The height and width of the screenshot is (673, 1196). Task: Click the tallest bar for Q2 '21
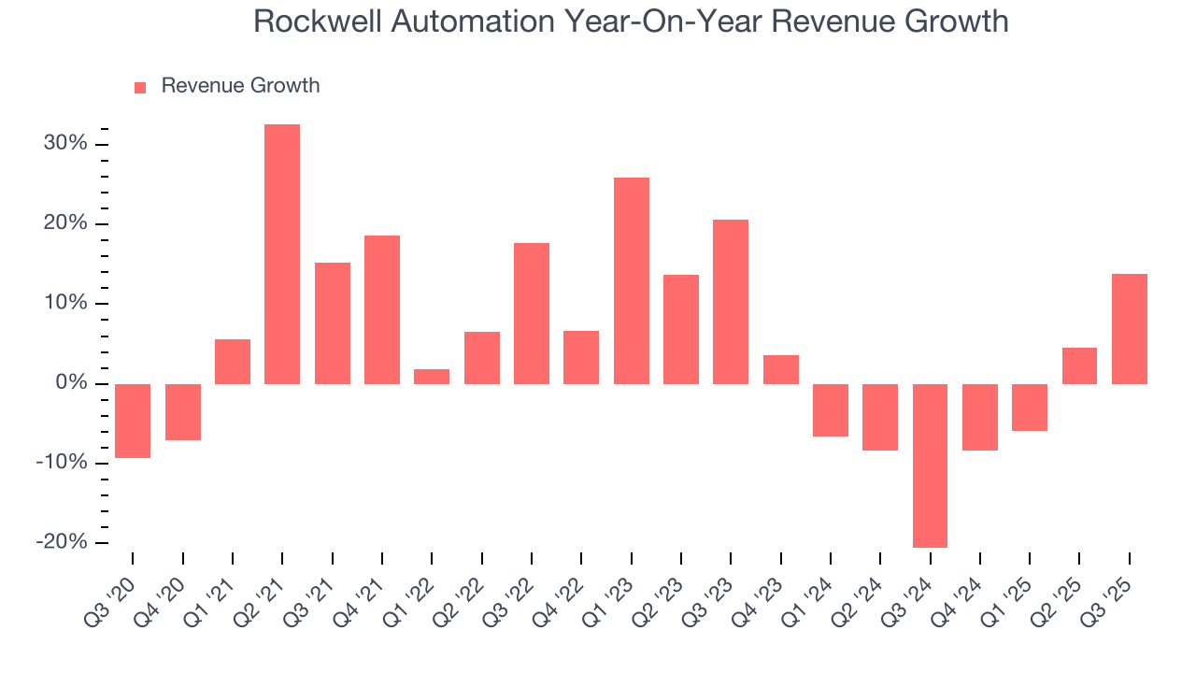click(282, 253)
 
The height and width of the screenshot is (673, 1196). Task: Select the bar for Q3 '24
click(930, 465)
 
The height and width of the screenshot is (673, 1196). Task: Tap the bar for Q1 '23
click(631, 280)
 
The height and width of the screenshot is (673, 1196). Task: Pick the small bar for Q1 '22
click(432, 377)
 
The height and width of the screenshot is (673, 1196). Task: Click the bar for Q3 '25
click(1129, 329)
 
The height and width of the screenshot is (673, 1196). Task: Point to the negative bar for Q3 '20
click(133, 421)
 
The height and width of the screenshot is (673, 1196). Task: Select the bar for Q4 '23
click(780, 369)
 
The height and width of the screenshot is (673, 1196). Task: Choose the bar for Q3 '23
click(731, 302)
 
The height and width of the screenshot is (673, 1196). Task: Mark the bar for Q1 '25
click(1030, 408)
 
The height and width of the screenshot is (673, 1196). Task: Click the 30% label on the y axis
click(64, 144)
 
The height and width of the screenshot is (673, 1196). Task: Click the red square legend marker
click(140, 87)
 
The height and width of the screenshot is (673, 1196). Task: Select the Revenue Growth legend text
click(240, 86)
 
